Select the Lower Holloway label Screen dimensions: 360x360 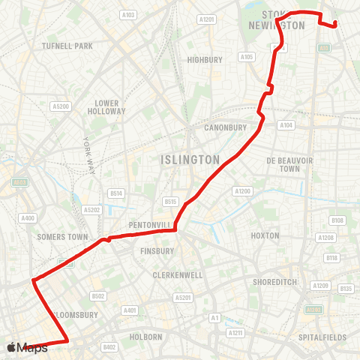[x=110, y=106]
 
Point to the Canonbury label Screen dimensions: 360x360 [x=226, y=127]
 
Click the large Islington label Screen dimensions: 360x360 [x=190, y=160]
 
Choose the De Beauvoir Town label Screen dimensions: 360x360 [x=283, y=164]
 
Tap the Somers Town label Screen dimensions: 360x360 [x=58, y=237]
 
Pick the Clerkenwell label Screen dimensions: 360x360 [x=178, y=275]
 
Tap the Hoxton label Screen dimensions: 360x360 [x=265, y=235]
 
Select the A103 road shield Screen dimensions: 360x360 [x=128, y=14]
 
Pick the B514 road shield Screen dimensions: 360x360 [x=116, y=193]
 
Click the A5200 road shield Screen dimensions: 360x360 [x=61, y=106]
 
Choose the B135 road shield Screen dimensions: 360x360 [x=346, y=288]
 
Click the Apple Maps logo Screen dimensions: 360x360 [x=26, y=347]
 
